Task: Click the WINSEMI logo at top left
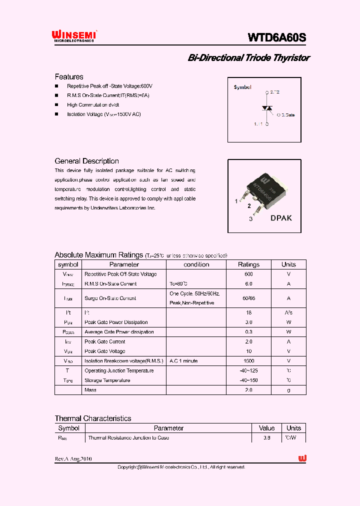pos(74,35)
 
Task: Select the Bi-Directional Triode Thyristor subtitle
pos(248,58)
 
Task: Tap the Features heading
pos(69,77)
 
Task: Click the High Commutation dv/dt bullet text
pos(93,105)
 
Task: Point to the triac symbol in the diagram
pos(267,108)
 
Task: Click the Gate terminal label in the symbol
pos(287,115)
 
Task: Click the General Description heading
pos(86,161)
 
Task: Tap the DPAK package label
pos(281,218)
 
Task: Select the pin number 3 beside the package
pos(250,219)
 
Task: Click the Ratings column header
pos(248,264)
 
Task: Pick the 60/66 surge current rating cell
pos(248,298)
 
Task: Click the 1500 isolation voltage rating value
pos(248,361)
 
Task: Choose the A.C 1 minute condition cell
pos(183,361)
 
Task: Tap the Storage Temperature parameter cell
pos(107,380)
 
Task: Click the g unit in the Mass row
pos(288,390)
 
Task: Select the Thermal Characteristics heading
pos(93,418)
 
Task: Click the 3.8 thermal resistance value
pos(266,438)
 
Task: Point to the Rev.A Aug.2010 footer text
pos(73,459)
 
